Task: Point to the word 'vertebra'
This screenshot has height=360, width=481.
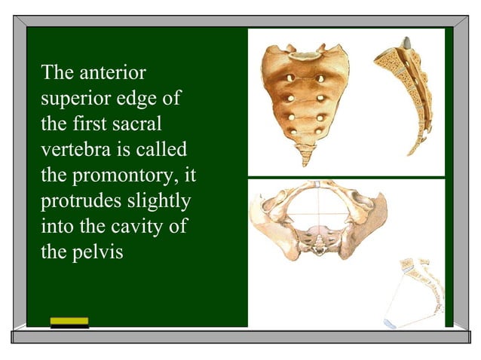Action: (x=74, y=150)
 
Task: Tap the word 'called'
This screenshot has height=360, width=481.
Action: (x=162, y=150)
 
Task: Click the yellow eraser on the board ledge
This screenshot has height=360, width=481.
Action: (x=69, y=322)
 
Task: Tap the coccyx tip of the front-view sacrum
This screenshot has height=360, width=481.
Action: (x=306, y=159)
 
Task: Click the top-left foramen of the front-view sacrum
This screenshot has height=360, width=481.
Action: (x=289, y=78)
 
